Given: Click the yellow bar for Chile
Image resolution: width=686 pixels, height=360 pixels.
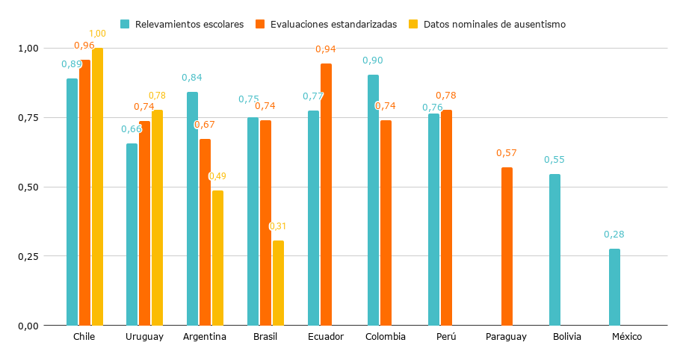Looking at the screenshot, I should click(x=97, y=187).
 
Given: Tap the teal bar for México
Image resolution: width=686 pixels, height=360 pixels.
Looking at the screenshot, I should click(x=614, y=287).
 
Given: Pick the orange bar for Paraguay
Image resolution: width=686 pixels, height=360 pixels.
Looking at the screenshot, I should click(x=507, y=246).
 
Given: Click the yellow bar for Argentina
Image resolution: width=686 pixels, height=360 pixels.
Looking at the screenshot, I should click(x=217, y=258).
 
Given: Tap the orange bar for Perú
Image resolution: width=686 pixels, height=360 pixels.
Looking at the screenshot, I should click(x=446, y=217).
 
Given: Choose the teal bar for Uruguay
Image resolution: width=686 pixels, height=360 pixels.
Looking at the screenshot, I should click(x=132, y=235).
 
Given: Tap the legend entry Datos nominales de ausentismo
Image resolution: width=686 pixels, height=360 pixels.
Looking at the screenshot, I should click(x=494, y=25).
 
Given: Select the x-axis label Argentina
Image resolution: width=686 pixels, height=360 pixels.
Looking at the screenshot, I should click(x=205, y=337).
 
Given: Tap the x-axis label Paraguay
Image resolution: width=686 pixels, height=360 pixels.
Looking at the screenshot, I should click(x=506, y=337).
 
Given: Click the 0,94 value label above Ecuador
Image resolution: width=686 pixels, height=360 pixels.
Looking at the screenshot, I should click(x=325, y=49).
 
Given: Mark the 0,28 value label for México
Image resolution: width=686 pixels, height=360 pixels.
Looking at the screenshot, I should click(x=614, y=235).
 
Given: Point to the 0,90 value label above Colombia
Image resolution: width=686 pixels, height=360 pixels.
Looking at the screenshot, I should click(x=373, y=60).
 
